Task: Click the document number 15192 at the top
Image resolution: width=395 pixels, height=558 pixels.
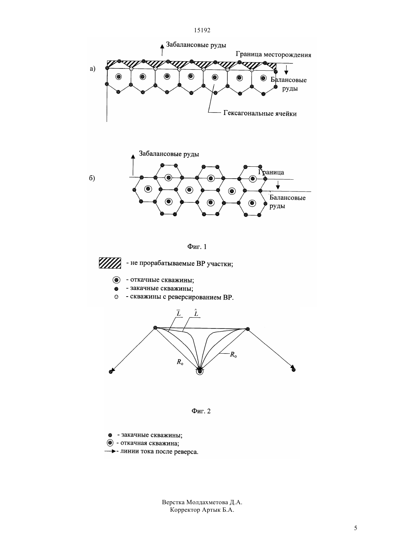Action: (202, 30)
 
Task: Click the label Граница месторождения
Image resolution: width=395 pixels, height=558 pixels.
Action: (273, 55)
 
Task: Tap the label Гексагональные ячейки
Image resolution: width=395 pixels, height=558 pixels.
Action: (260, 114)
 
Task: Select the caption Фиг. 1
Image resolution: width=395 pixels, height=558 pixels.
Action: (197, 247)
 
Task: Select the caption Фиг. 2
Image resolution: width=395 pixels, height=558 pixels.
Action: (201, 411)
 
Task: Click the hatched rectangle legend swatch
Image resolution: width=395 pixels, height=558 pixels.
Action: (110, 263)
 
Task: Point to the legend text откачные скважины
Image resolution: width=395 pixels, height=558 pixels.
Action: (162, 280)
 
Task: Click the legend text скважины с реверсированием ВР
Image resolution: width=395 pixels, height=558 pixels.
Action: (182, 297)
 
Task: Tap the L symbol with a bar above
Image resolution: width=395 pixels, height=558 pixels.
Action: (178, 313)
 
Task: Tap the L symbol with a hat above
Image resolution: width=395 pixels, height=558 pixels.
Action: (196, 313)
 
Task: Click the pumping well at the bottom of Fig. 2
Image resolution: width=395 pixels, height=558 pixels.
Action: (200, 372)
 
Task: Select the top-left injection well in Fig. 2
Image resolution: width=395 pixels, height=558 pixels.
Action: (155, 327)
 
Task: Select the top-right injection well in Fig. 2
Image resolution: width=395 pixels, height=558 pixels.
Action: (247, 329)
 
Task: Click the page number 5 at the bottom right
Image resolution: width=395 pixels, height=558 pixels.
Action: (355, 528)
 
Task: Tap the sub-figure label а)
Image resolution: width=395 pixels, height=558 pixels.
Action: (93, 68)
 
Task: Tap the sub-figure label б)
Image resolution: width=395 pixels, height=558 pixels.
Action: (92, 178)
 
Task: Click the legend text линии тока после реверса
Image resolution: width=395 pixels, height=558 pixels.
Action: (159, 451)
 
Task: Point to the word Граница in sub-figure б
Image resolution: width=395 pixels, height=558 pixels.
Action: (271, 172)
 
